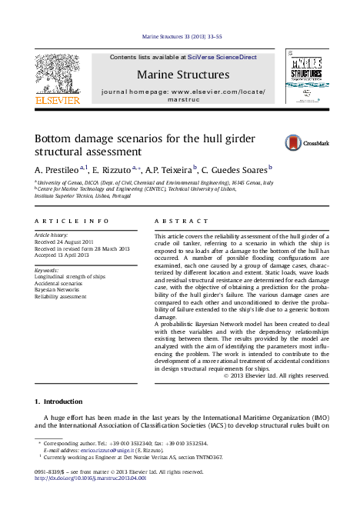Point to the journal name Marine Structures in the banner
point(183,75)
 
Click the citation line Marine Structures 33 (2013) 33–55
point(182,36)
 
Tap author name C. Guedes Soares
point(235,168)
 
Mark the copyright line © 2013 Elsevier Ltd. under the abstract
point(275,375)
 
